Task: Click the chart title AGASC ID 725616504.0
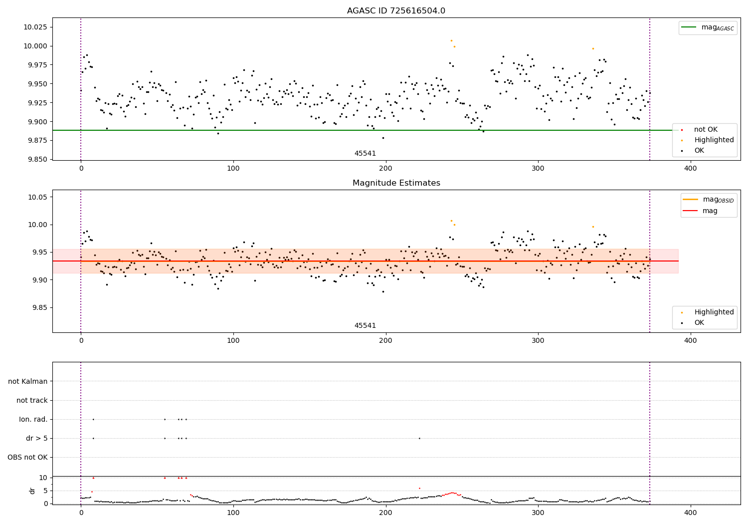click(x=396, y=11)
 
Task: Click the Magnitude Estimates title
click(x=396, y=183)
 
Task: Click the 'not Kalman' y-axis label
click(x=28, y=381)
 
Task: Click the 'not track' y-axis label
click(x=32, y=400)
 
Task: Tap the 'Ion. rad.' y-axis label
click(x=33, y=419)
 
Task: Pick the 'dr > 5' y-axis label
click(x=37, y=438)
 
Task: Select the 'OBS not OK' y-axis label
click(x=28, y=457)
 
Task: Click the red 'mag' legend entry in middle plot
click(x=710, y=211)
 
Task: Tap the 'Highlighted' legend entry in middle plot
click(x=714, y=312)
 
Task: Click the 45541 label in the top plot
click(x=365, y=153)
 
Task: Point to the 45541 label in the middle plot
click(x=365, y=325)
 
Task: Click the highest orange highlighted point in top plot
click(x=451, y=40)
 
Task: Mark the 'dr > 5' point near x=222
click(x=419, y=438)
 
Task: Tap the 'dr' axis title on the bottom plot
click(x=32, y=491)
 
